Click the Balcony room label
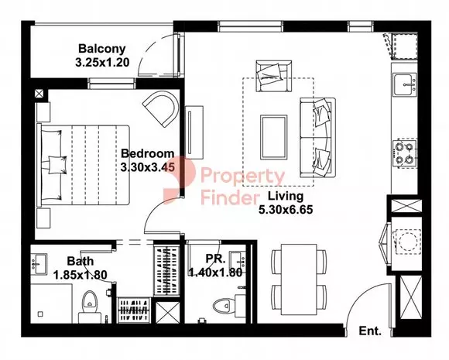[102, 49]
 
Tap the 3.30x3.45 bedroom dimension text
[147, 167]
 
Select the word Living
[285, 196]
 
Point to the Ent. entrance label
[370, 331]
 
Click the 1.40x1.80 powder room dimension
[216, 273]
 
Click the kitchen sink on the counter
[405, 85]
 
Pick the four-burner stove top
[405, 154]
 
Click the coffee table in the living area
[274, 137]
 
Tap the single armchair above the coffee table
[274, 76]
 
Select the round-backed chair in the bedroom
[161, 109]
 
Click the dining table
[299, 279]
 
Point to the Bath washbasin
[39, 264]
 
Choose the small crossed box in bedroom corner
[39, 94]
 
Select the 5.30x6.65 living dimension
[286, 210]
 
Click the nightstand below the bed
[43, 218]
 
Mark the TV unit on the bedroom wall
[194, 132]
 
